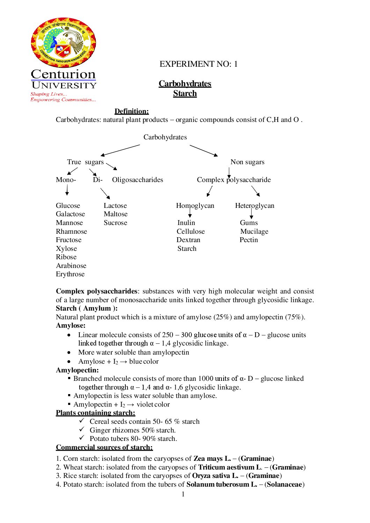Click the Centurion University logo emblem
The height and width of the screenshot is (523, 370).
coord(63,43)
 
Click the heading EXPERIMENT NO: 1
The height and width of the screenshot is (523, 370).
coord(198,64)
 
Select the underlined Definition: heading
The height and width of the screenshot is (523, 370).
coord(131,111)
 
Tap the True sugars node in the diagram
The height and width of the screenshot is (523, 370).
coord(85,162)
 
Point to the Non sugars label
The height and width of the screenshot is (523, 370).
coord(247,162)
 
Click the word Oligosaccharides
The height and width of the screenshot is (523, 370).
coord(137,180)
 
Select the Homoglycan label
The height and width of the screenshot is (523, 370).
coord(195,206)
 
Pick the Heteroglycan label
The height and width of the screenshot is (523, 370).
coord(254,206)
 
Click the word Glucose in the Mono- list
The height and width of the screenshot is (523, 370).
coord(68,206)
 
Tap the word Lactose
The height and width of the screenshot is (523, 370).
coord(115,206)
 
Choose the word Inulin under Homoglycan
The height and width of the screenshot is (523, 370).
coord(186,223)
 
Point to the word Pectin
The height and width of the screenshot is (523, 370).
coord(249,240)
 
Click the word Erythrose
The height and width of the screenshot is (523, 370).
coord(70,274)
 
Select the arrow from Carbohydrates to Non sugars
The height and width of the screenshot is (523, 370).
coord(204,151)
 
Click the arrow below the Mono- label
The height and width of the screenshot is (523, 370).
coord(67,190)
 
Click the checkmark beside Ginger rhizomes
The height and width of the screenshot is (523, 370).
coord(82,429)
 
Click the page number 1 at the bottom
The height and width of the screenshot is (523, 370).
coord(183,494)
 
